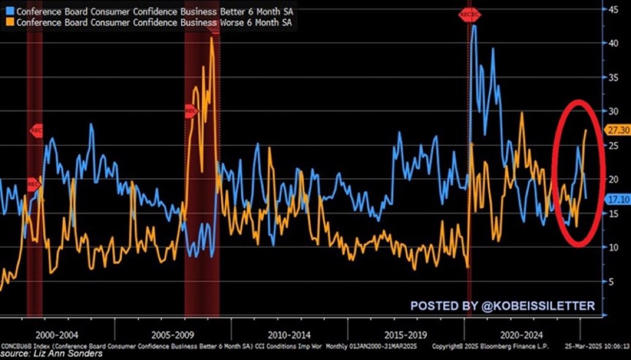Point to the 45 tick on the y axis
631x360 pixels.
click(613, 9)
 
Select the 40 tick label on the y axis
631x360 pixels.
click(613, 43)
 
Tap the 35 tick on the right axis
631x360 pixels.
click(613, 78)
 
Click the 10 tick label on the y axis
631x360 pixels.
click(613, 248)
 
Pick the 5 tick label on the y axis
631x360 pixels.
click(612, 282)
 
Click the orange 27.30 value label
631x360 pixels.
click(617, 130)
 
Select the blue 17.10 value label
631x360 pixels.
click(617, 200)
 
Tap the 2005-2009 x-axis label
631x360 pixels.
click(170, 335)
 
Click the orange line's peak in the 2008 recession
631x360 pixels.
click(212, 38)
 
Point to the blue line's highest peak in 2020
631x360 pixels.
click(473, 27)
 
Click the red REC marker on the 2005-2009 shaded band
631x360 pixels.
click(190, 112)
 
